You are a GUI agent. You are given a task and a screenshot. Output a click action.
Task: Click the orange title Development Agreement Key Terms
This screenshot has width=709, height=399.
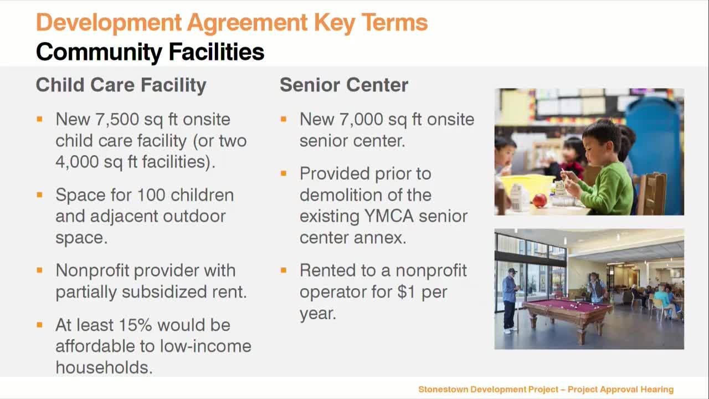tap(232, 23)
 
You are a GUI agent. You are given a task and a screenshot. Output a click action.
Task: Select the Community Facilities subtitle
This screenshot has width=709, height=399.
tap(150, 52)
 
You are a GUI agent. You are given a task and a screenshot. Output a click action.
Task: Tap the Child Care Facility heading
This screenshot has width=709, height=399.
tap(121, 85)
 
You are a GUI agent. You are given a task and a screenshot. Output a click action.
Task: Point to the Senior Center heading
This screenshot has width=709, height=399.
tap(343, 85)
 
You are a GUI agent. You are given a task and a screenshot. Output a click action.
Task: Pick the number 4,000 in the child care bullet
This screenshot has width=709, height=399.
tap(79, 162)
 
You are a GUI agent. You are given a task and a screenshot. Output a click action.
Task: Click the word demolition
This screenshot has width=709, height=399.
tap(344, 195)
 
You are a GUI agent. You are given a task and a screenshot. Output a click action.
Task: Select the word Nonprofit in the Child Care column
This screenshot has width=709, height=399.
tap(92, 270)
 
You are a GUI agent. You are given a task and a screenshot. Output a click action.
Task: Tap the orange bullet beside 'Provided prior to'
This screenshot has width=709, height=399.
tap(284, 173)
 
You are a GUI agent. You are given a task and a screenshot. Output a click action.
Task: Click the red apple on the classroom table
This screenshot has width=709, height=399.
tap(539, 200)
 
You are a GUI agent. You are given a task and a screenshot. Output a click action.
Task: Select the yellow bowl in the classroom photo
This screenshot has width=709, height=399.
tap(527, 185)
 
